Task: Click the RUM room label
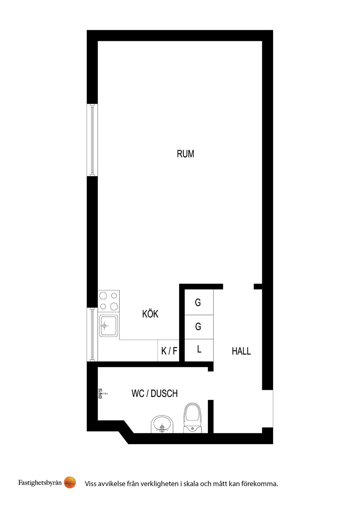click(x=185, y=154)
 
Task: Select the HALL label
click(x=241, y=351)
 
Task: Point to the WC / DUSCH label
click(x=154, y=393)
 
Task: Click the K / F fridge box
click(x=168, y=351)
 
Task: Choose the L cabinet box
click(x=199, y=350)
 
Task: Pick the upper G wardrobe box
click(x=199, y=302)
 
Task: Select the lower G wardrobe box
click(x=199, y=327)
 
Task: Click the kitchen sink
click(x=109, y=326)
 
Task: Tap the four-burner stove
click(x=109, y=301)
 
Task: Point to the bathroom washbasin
click(x=162, y=424)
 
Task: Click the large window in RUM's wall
click(x=92, y=140)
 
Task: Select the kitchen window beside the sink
click(x=92, y=334)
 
